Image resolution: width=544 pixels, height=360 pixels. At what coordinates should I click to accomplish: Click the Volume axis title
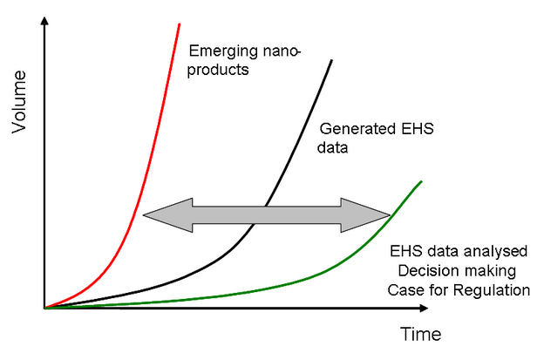point(18,102)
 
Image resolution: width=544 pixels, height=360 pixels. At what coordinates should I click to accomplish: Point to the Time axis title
point(421,335)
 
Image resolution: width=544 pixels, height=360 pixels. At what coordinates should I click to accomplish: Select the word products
point(218,71)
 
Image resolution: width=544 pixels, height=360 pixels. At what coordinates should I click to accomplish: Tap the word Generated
point(358,129)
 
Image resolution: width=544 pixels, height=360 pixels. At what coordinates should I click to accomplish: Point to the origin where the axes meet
point(44,308)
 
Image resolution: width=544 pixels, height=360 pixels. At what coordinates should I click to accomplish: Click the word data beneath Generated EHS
point(332,147)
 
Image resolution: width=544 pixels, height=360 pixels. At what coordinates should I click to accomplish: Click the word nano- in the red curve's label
point(282,52)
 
